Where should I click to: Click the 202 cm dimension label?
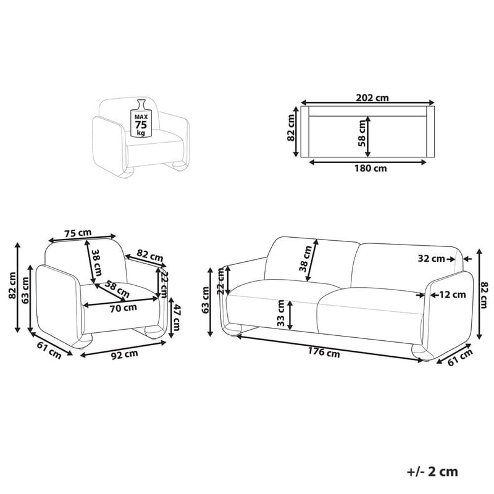click(x=372, y=97)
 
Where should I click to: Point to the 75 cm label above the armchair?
click(x=78, y=233)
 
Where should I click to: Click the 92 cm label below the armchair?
click(x=124, y=354)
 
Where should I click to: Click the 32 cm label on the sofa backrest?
click(x=430, y=259)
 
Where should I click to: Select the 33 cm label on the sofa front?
click(x=282, y=314)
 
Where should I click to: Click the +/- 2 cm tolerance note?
click(x=433, y=472)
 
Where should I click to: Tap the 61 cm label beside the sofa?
click(x=458, y=357)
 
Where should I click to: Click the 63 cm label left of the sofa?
click(x=206, y=300)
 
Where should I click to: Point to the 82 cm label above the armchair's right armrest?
click(x=150, y=254)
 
